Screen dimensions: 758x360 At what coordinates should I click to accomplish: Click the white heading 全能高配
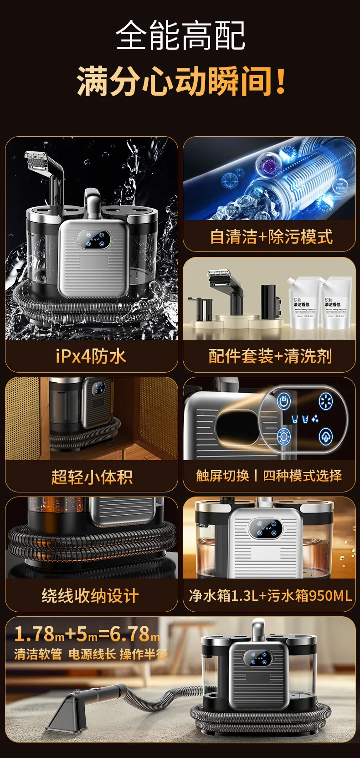[x=180, y=36]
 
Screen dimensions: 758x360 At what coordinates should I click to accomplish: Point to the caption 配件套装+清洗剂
[x=270, y=356]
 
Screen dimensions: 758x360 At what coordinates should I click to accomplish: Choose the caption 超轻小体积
[x=92, y=477]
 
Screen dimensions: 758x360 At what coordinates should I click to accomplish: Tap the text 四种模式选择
[x=303, y=476]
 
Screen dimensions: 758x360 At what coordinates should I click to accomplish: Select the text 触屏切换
[x=222, y=476]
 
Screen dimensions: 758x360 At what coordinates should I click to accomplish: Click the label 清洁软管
[x=38, y=655]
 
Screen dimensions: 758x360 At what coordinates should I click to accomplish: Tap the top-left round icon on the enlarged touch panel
[x=283, y=401]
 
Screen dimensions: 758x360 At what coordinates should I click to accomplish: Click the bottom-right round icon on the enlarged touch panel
[x=325, y=436]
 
